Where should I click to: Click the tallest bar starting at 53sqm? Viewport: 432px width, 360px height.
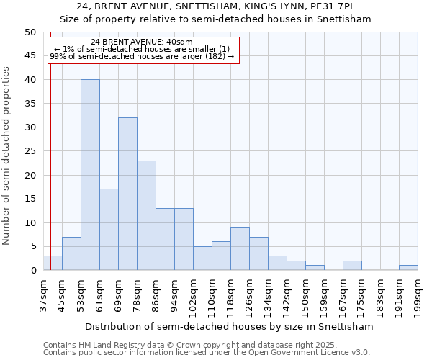[x=90, y=175]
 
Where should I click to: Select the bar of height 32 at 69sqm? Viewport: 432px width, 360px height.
[x=127, y=194]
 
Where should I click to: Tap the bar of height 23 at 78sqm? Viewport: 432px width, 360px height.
[x=146, y=215]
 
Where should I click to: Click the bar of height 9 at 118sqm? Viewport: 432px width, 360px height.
[x=240, y=248]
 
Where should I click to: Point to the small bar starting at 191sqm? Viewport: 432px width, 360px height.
[x=408, y=268]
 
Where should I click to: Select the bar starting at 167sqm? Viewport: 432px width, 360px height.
[x=352, y=266]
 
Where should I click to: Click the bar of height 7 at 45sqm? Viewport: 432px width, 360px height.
[x=71, y=253]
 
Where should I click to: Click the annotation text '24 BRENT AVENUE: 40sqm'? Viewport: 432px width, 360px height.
[x=142, y=42]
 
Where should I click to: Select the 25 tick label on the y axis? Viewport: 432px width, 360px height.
[x=30, y=151]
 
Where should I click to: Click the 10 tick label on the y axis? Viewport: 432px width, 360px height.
[x=30, y=223]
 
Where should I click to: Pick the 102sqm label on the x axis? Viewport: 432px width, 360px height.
[x=193, y=297]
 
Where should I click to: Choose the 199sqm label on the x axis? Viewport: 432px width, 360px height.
[x=418, y=297]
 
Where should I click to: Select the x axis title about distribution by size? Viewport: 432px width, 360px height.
[x=229, y=326]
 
